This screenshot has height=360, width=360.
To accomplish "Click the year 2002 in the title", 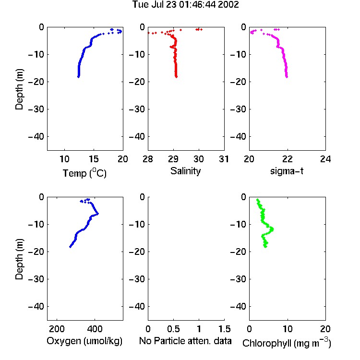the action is pyautogui.click(x=228, y=5).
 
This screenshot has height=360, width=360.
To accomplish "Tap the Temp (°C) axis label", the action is pyautogui.click(x=84, y=173).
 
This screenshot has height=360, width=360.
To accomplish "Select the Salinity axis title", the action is pyautogui.click(x=185, y=171).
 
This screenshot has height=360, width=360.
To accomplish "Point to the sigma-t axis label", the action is pyautogui.click(x=287, y=171).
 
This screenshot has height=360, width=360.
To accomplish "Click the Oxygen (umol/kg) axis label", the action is pyautogui.click(x=84, y=341).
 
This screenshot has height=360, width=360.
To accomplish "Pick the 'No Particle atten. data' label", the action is pyautogui.click(x=185, y=341).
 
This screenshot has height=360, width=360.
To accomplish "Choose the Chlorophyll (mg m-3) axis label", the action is pyautogui.click(x=287, y=343).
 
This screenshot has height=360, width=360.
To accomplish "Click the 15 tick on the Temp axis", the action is pyautogui.click(x=94, y=159).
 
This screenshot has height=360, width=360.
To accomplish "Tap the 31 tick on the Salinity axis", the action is pyautogui.click(x=224, y=159).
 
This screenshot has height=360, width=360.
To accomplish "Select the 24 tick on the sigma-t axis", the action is pyautogui.click(x=325, y=159).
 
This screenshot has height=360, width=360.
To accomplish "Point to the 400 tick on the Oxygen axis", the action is pyautogui.click(x=95, y=329).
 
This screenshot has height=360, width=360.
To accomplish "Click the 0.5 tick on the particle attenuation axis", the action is pyautogui.click(x=174, y=329).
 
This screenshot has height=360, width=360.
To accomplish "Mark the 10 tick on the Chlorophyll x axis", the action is pyautogui.click(x=288, y=329).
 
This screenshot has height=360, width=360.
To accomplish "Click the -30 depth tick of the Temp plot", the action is pyautogui.click(x=36, y=109).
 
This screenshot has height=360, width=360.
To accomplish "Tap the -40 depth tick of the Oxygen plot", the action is pyautogui.click(x=36, y=306).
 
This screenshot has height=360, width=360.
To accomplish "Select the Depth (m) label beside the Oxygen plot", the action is pyautogui.click(x=19, y=259).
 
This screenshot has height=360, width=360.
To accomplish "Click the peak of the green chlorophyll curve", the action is pyautogui.click(x=272, y=229).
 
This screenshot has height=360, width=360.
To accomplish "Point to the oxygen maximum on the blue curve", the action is pyautogui.click(x=97, y=214).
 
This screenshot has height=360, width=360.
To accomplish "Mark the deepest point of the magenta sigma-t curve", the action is pyautogui.click(x=287, y=77).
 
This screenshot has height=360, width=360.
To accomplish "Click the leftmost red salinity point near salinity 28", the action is pyautogui.click(x=148, y=33).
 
